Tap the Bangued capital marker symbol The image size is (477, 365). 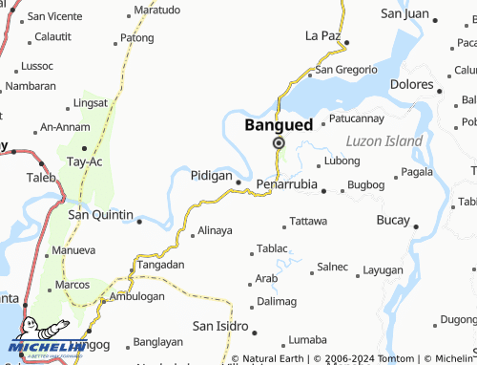pyautogui.click(x=279, y=142)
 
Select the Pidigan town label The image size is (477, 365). pyautogui.click(x=211, y=176)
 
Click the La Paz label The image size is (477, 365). pyautogui.click(x=322, y=35)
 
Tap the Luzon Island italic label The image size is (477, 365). pyautogui.click(x=384, y=141)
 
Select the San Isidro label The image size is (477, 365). pyautogui.click(x=220, y=327)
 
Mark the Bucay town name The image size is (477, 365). pyautogui.click(x=393, y=220)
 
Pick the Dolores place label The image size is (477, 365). pyautogui.click(x=411, y=84)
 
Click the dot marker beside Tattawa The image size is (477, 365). pyautogui.click(x=283, y=227)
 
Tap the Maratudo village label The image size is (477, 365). pyautogui.click(x=156, y=10)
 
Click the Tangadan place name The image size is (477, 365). pyautogui.click(x=160, y=264)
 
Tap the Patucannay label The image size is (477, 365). pyautogui.click(x=356, y=118)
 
